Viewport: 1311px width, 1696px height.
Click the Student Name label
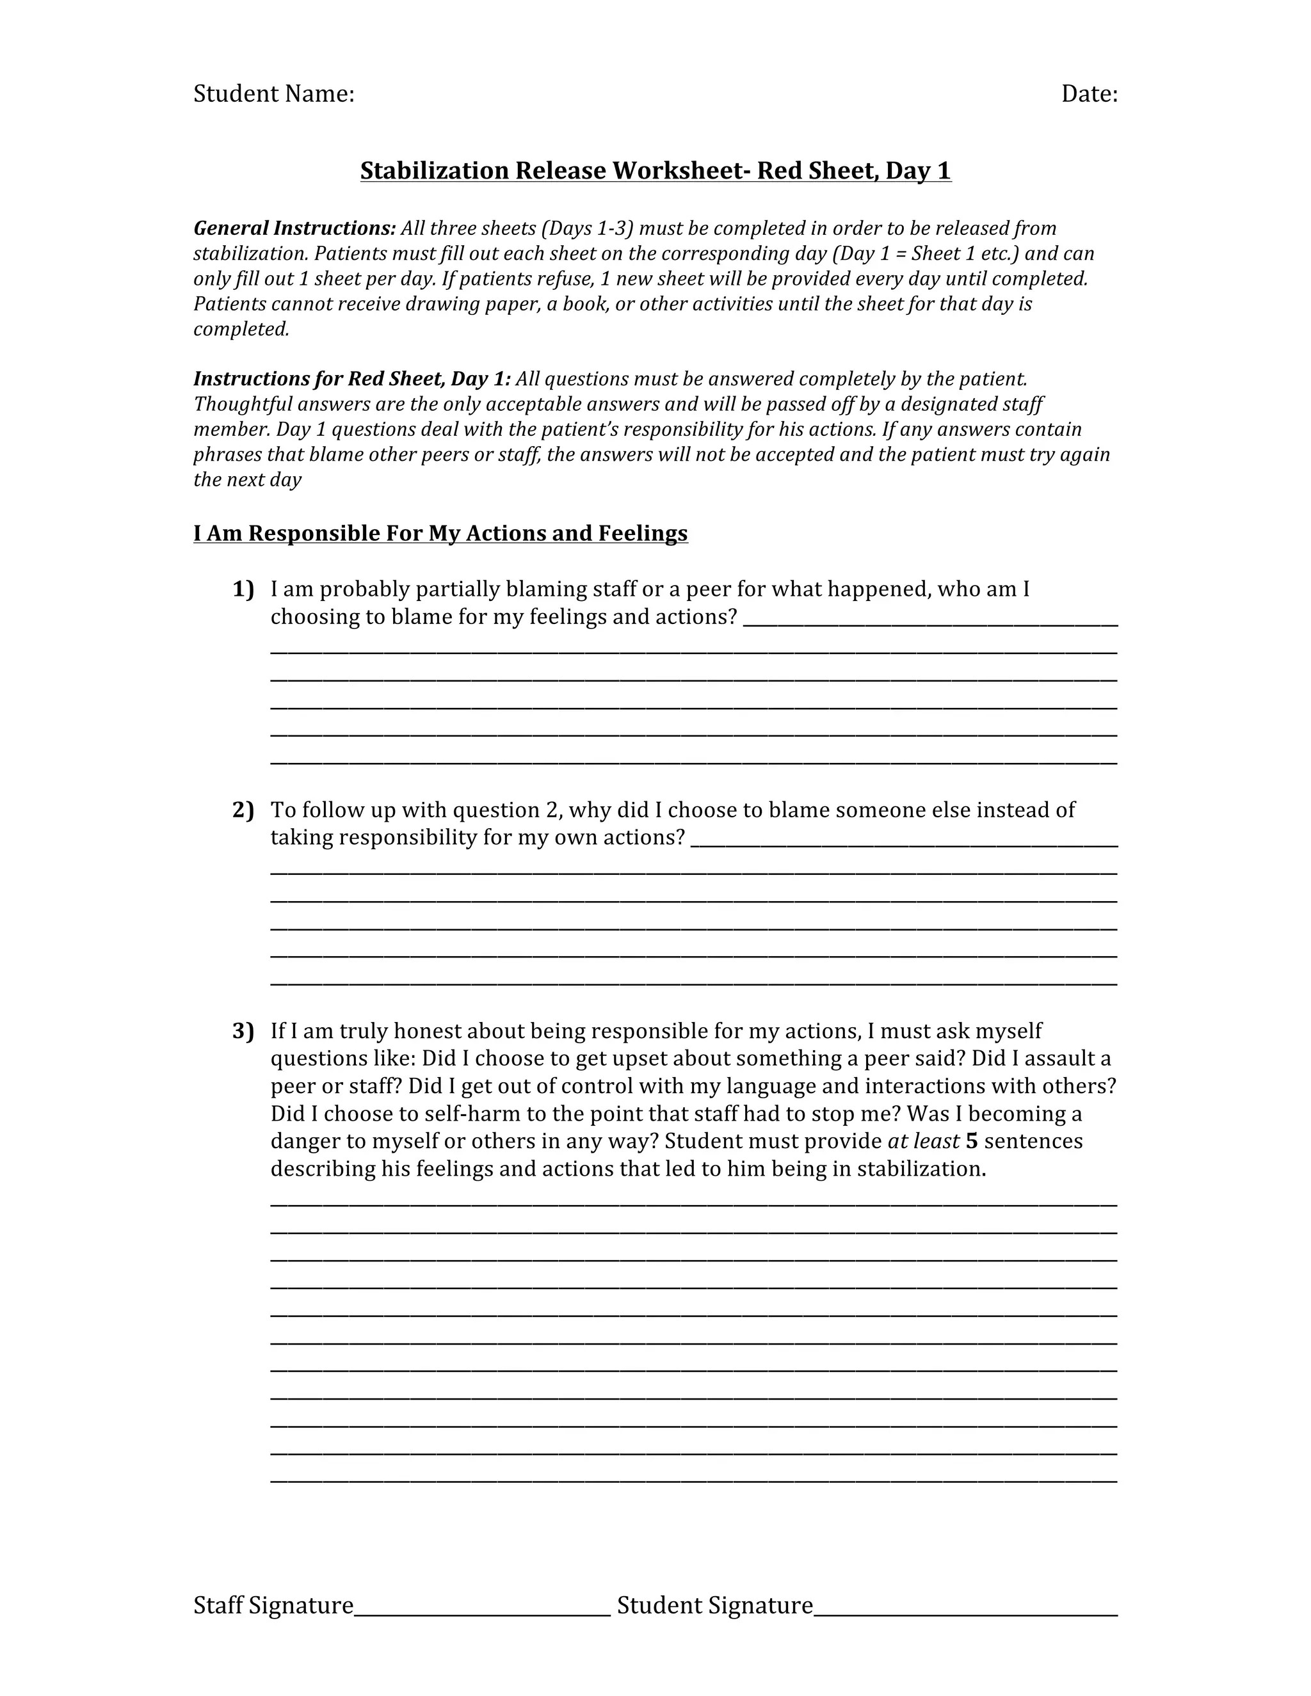[x=273, y=94]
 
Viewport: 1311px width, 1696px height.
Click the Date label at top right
[x=1089, y=94]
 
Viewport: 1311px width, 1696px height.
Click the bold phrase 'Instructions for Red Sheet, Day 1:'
[x=352, y=379]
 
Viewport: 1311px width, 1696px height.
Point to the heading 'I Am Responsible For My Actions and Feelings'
[x=440, y=534]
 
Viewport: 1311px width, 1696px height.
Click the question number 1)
[x=243, y=589]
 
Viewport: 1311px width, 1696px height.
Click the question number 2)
[x=243, y=810]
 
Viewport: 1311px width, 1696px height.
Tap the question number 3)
[x=243, y=1031]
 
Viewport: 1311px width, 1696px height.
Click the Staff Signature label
[x=273, y=1605]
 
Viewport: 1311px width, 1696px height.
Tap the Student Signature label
[x=714, y=1605]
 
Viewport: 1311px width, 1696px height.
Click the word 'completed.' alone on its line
[x=241, y=329]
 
